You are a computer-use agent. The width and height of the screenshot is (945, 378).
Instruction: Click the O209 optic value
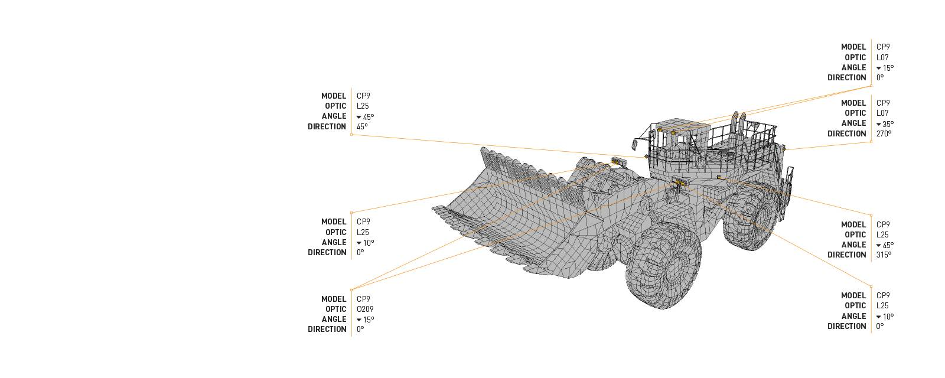point(364,309)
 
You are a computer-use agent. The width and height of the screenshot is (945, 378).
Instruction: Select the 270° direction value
point(884,133)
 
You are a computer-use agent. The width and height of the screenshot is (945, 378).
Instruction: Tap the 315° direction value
point(884,255)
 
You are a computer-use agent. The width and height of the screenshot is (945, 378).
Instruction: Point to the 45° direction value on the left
point(361,126)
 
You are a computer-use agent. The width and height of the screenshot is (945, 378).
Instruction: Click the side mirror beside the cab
point(636,143)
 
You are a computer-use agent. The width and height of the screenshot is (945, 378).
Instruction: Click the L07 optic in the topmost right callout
point(882,57)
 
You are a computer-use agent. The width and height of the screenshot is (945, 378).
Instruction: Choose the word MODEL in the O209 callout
point(334,299)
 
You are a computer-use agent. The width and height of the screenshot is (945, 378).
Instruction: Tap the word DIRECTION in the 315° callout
point(846,255)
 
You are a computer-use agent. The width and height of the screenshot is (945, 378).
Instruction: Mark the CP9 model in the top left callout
point(363,96)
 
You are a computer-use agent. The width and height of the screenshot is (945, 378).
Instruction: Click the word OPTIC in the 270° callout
point(855,113)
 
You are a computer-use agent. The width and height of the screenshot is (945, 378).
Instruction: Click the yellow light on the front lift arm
point(619,161)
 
